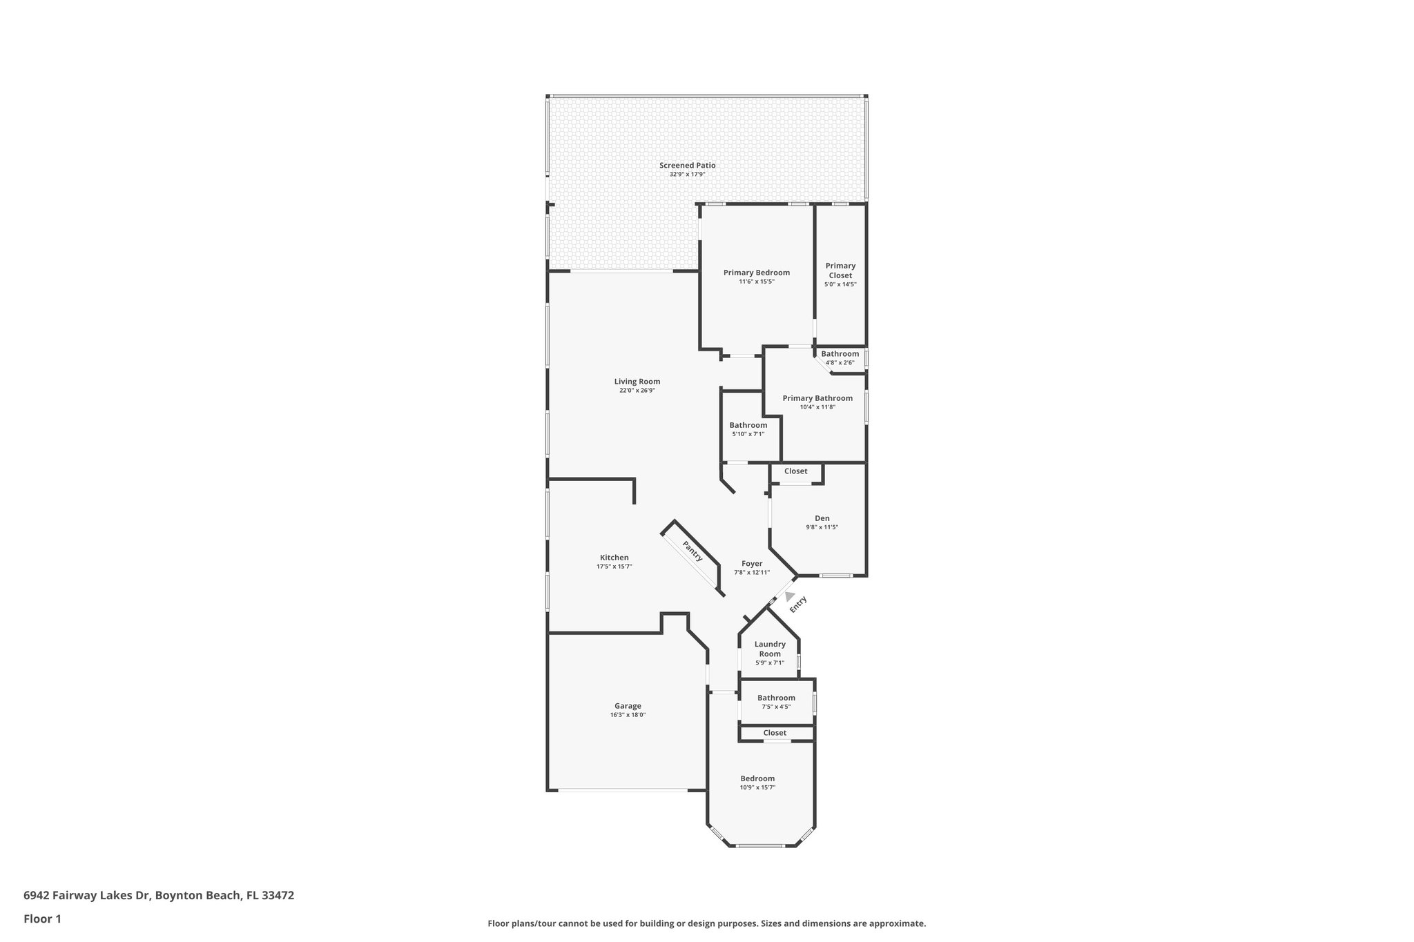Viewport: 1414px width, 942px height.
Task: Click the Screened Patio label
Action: (687, 166)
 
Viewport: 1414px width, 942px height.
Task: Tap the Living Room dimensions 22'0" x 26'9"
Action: (637, 391)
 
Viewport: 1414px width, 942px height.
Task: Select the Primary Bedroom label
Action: (756, 273)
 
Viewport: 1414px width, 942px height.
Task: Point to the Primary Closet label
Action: (840, 271)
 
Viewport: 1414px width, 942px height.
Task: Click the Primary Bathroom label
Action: (817, 398)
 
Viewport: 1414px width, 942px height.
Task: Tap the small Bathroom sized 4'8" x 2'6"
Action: (840, 354)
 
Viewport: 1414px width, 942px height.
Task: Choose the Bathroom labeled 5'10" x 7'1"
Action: (748, 425)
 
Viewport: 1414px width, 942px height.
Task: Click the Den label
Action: (822, 518)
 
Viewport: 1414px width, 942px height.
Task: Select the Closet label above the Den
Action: (795, 471)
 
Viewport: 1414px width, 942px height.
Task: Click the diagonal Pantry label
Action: (693, 551)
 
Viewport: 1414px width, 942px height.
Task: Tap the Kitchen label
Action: (614, 558)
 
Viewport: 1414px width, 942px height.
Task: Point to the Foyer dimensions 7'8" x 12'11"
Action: (752, 572)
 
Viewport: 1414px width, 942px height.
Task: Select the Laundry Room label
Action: (770, 649)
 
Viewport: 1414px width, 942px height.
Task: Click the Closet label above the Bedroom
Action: (775, 733)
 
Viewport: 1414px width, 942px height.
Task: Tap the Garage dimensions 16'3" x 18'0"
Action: (628, 715)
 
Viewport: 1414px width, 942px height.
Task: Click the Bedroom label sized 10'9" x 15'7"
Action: (757, 778)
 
